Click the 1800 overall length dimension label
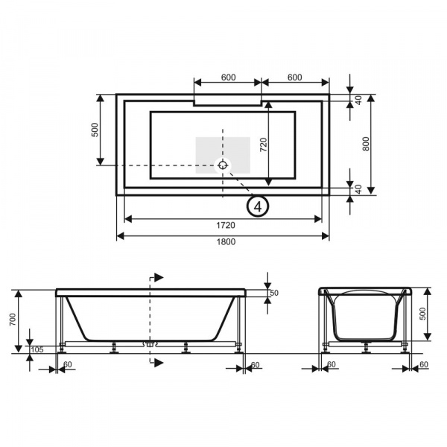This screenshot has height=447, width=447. (x=226, y=241)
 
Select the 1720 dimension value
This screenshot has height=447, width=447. (x=226, y=225)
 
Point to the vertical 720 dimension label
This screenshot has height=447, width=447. (x=264, y=145)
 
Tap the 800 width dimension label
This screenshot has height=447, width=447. (x=366, y=144)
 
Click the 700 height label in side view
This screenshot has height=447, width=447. (x=13, y=320)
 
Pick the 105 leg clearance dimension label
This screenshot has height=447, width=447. (x=37, y=349)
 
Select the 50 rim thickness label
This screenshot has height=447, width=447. (x=273, y=293)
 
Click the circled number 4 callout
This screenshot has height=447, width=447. (x=258, y=206)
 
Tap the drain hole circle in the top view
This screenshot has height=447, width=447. (x=223, y=165)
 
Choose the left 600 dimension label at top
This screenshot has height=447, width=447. (x=229, y=77)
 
